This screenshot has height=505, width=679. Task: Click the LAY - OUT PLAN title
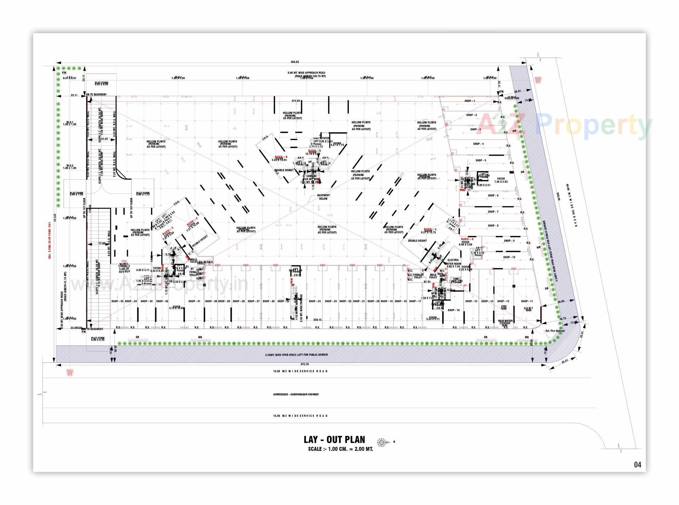tap(334, 440)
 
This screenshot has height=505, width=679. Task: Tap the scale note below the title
tap(340, 449)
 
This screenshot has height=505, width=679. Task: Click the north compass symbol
tap(381, 442)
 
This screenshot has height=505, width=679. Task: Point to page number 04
tap(637, 465)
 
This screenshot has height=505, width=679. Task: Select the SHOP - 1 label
tap(470, 101)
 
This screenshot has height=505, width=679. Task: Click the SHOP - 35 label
tap(117, 301)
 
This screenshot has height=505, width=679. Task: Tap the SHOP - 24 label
tap(315, 301)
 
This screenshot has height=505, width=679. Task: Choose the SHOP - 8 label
tap(493, 226)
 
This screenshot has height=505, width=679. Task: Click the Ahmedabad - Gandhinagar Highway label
tap(296, 394)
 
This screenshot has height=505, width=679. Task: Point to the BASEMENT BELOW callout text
tap(323, 197)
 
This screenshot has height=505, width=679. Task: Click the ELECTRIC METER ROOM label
tap(453, 262)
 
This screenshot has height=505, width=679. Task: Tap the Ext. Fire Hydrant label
tap(555, 331)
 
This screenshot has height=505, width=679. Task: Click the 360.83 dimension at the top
tap(295, 62)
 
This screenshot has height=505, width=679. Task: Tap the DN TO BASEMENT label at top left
tap(96, 94)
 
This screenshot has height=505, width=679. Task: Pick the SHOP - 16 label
tap(454, 310)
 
